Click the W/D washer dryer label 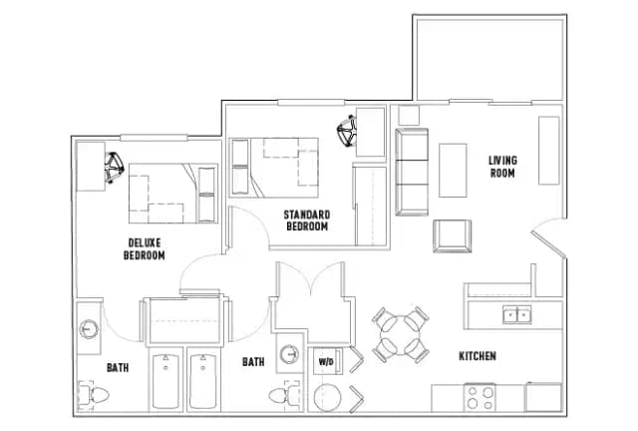[x=326, y=361]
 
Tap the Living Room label [x=502, y=167]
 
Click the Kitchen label [x=478, y=356]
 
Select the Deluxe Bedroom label [x=145, y=249]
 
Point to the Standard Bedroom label [x=307, y=220]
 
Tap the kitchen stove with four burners [x=480, y=398]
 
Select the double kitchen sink [x=516, y=315]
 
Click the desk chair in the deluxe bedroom [x=114, y=167]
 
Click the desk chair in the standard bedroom [x=347, y=131]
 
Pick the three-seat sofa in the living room [x=412, y=172]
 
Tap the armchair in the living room [x=452, y=235]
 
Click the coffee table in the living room [x=453, y=171]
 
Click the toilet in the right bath [x=284, y=394]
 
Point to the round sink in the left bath [x=89, y=328]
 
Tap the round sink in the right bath [x=289, y=354]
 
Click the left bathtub [x=165, y=381]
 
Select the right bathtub [x=203, y=381]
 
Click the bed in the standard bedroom [x=274, y=168]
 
